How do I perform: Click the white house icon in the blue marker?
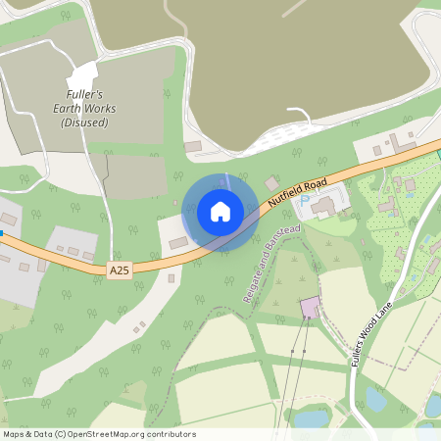click(x=220, y=212)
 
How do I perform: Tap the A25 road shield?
click(x=120, y=269)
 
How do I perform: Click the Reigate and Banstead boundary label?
click(x=258, y=263)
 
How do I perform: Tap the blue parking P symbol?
click(x=304, y=198)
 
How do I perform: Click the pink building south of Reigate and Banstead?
click(x=310, y=308)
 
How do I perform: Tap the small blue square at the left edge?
click(x=2, y=233)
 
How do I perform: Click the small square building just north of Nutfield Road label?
click(x=271, y=183)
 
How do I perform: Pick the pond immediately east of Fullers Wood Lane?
click(x=375, y=398)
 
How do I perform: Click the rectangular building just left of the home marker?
click(x=177, y=242)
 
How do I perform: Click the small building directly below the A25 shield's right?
click(x=171, y=278)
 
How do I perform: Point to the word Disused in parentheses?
click(x=84, y=123)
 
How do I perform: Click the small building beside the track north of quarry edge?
click(x=193, y=147)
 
